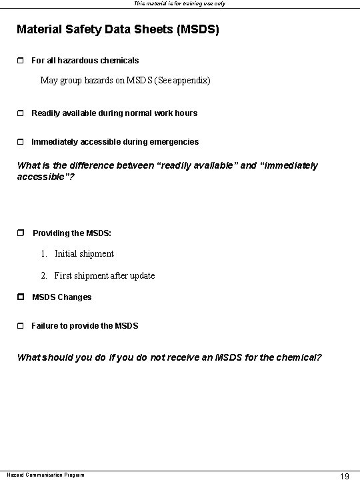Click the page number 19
345,475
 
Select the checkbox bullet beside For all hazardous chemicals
20,61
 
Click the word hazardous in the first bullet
79,61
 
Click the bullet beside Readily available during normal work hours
20,113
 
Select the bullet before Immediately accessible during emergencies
20,142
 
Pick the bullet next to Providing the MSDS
20,233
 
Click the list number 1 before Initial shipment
43,254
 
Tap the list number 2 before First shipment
43,276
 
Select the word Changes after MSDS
75,297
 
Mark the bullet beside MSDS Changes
20,297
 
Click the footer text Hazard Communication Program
45,475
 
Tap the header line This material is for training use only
180,3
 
